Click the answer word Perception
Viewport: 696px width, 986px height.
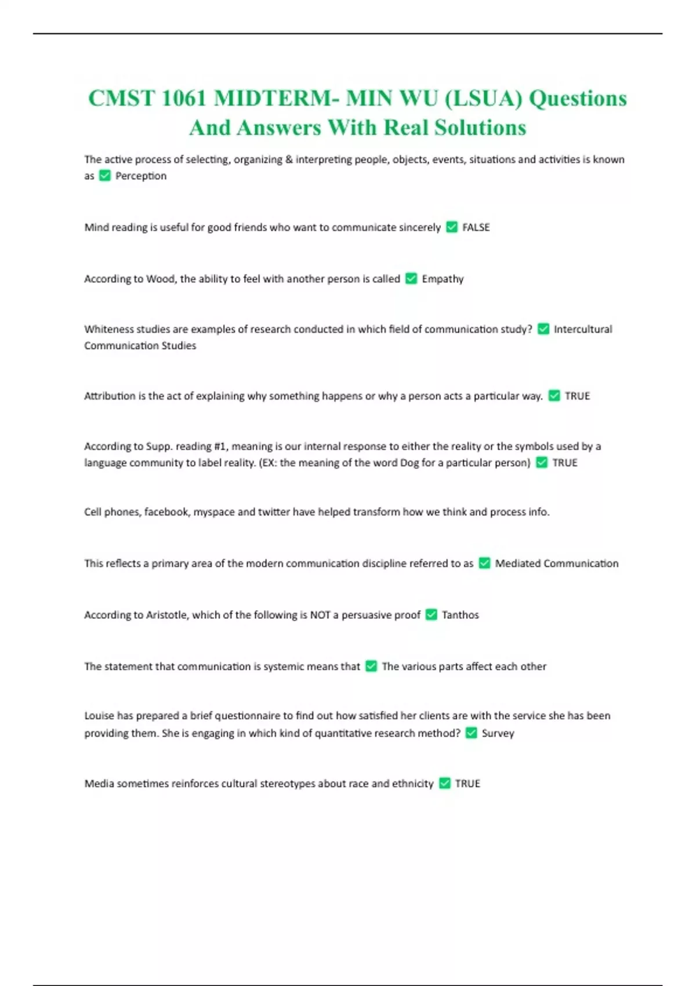coord(140,176)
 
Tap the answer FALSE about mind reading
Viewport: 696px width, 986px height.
coord(476,227)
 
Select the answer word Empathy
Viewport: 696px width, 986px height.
coord(443,279)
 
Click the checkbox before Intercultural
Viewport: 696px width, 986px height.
coord(543,329)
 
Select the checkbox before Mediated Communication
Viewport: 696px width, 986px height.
coord(484,563)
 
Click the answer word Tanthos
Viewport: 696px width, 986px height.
coord(460,615)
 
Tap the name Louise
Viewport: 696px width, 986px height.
coord(99,716)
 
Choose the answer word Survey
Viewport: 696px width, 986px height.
coord(498,733)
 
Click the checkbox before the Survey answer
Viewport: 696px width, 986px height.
coord(472,733)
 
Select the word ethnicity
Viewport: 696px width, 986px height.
coord(412,784)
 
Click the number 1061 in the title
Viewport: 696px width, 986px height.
coord(184,98)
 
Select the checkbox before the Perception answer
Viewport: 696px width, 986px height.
coord(105,176)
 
